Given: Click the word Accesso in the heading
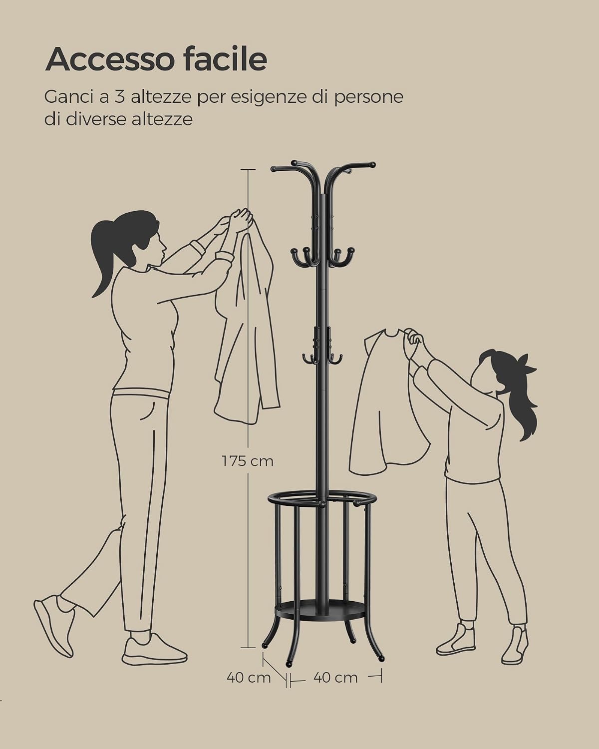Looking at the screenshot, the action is pos(109,60).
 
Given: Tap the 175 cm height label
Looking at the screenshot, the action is pos(248,461).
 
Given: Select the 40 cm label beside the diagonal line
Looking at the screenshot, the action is pos(249,677).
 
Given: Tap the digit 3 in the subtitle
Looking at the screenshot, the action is pos(120,97).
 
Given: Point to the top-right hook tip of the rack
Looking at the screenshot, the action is pos(373,164).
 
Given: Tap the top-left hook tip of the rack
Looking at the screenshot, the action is pos(274,169).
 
